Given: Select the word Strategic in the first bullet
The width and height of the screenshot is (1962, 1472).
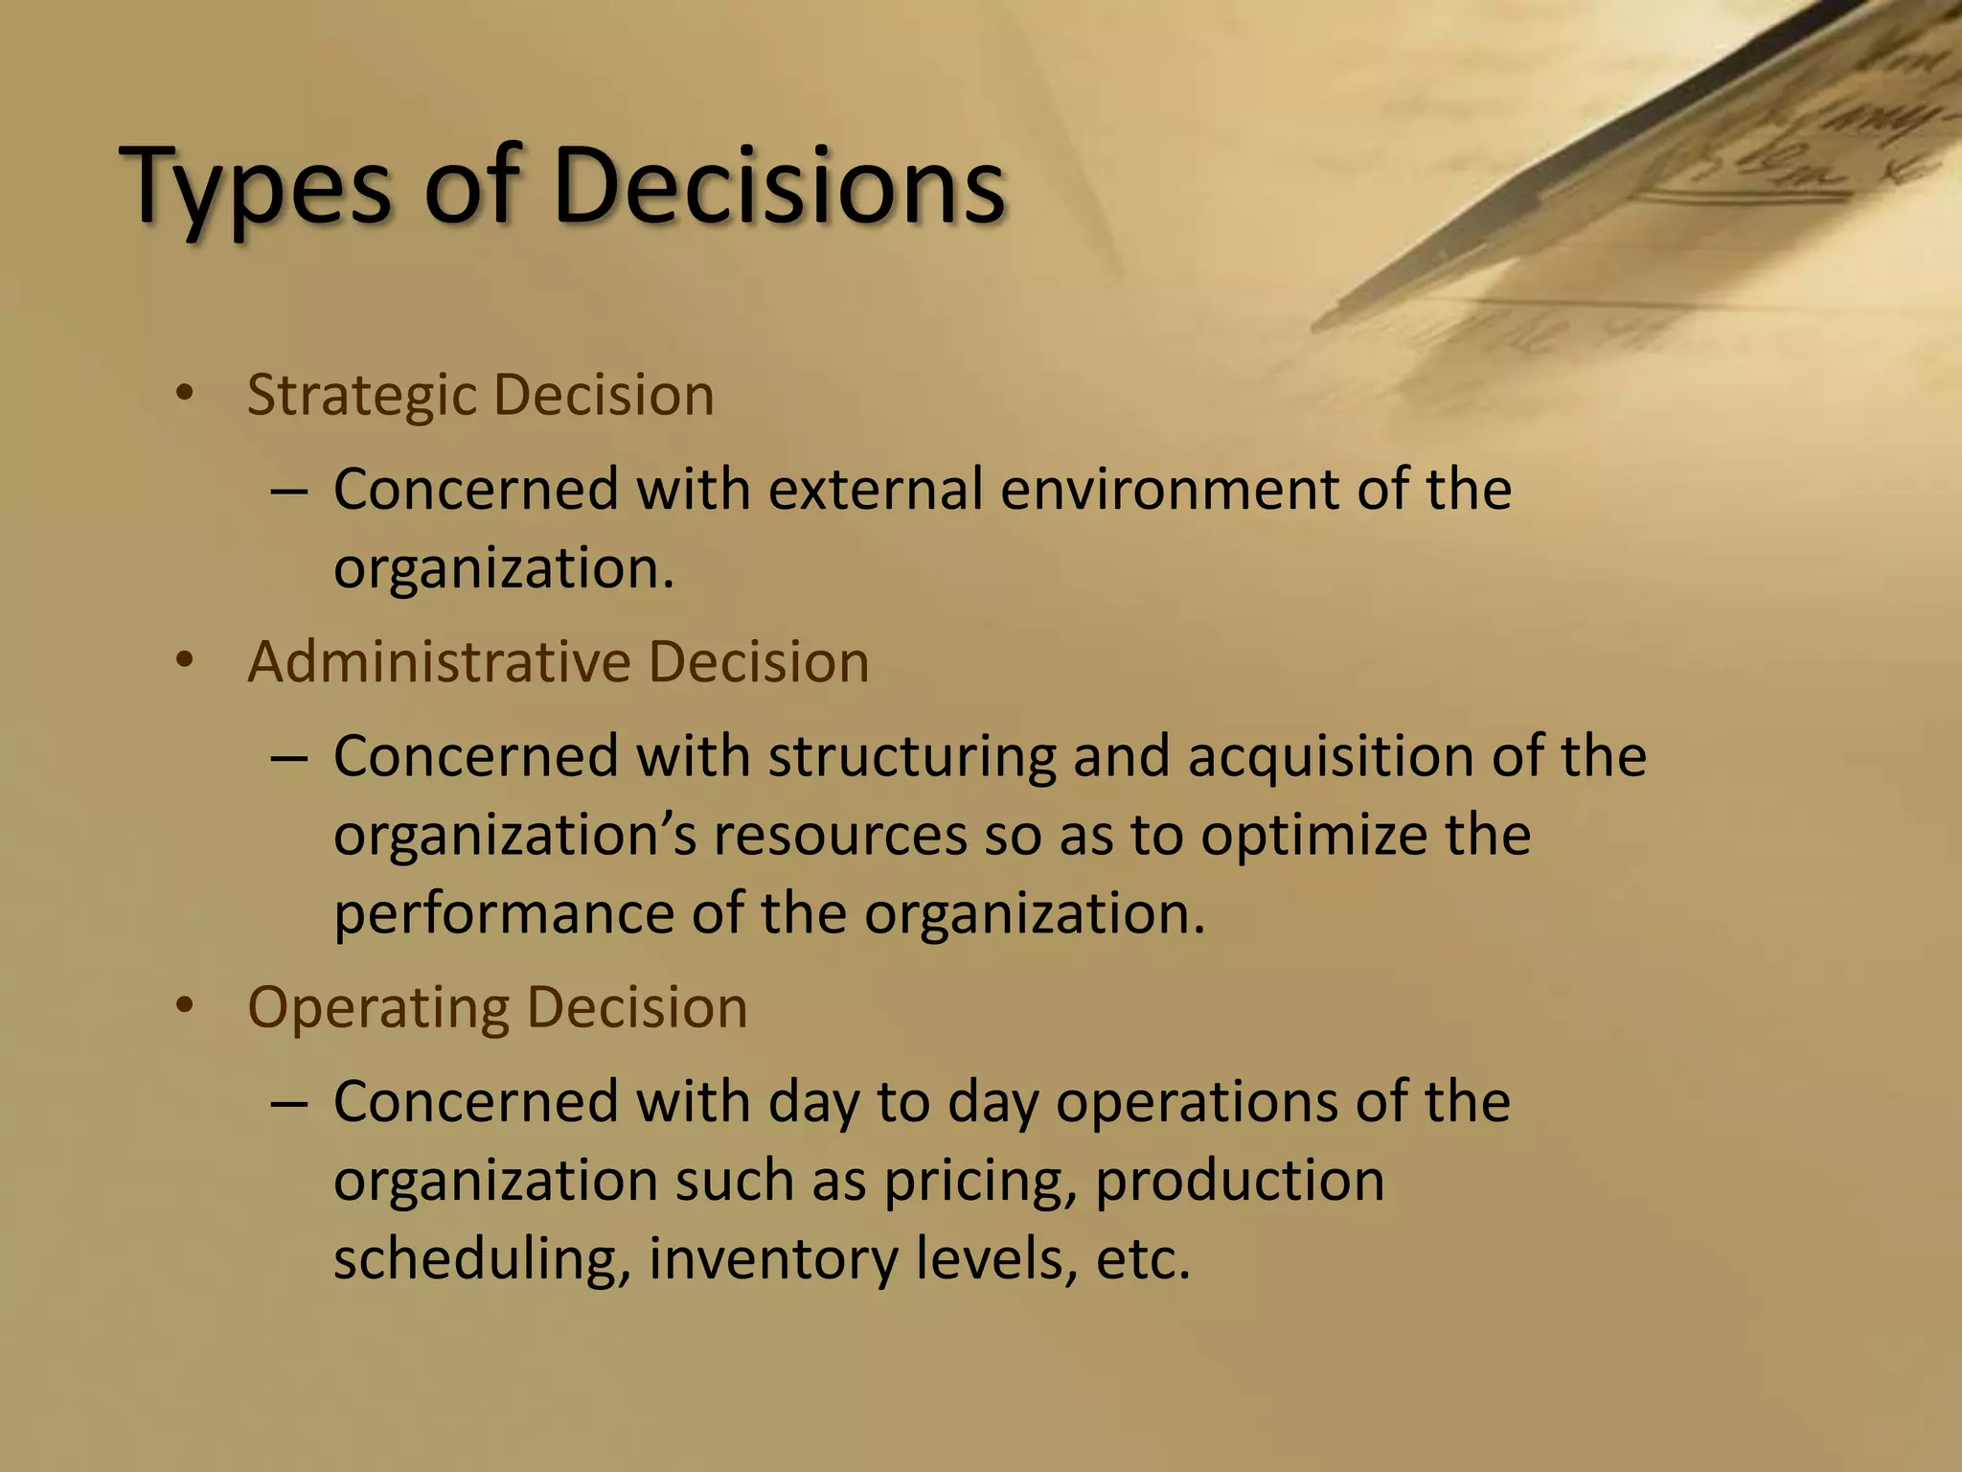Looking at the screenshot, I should [x=361, y=395].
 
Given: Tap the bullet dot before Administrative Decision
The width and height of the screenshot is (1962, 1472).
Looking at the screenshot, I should [x=185, y=660].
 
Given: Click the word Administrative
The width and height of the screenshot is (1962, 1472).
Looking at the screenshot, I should [x=439, y=661].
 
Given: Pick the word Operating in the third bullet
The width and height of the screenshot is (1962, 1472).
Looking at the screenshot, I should [x=377, y=1008].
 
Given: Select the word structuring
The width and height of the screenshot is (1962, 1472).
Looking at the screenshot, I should [x=911, y=756].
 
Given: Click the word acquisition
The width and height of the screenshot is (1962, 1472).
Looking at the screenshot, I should [x=1330, y=756].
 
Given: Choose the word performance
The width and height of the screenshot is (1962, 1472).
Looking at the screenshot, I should [x=504, y=913].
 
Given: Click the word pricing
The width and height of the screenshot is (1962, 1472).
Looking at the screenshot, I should [x=978, y=1181].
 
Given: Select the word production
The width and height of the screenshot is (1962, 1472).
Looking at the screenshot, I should [x=1240, y=1181].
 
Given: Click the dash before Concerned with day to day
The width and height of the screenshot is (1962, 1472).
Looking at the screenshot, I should [x=288, y=1103].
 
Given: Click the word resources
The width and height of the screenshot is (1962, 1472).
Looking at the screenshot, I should [x=839, y=835].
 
